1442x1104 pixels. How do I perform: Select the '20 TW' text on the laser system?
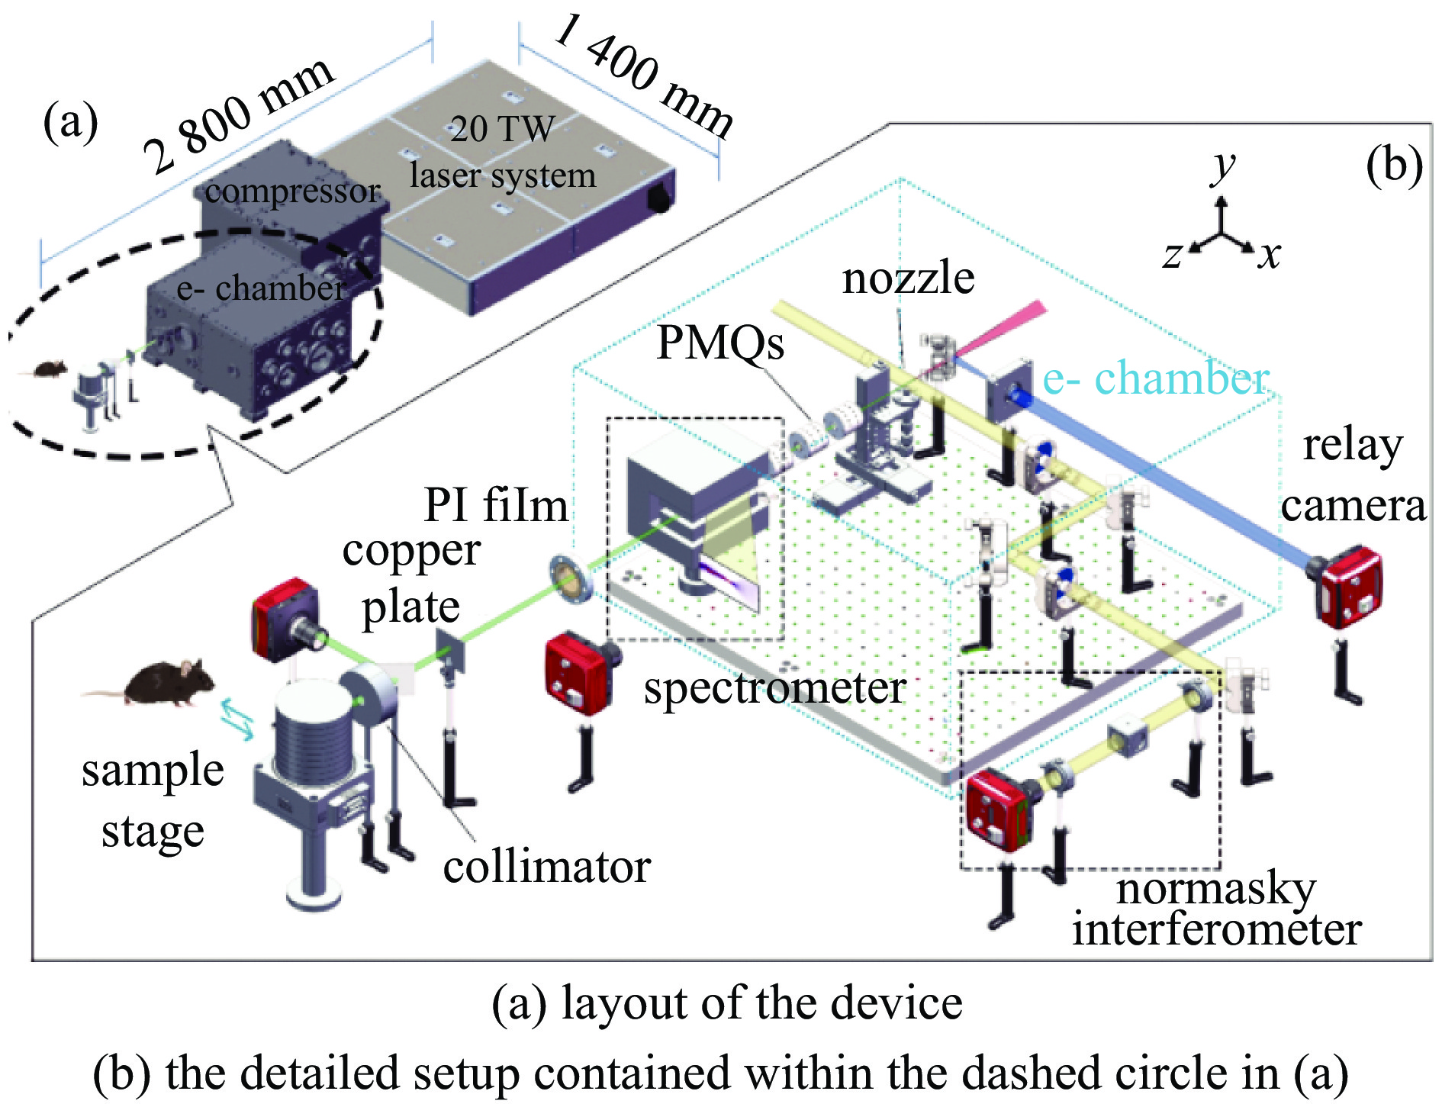point(501,129)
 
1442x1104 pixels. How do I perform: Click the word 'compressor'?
point(292,191)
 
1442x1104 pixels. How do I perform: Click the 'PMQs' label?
point(720,342)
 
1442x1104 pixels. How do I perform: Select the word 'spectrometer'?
point(774,687)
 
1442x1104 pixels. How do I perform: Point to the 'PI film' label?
point(496,505)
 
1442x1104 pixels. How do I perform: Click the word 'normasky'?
point(1216,888)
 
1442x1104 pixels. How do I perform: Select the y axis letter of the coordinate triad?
point(1223,166)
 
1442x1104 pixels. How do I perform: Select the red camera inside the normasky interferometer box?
point(996,811)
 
